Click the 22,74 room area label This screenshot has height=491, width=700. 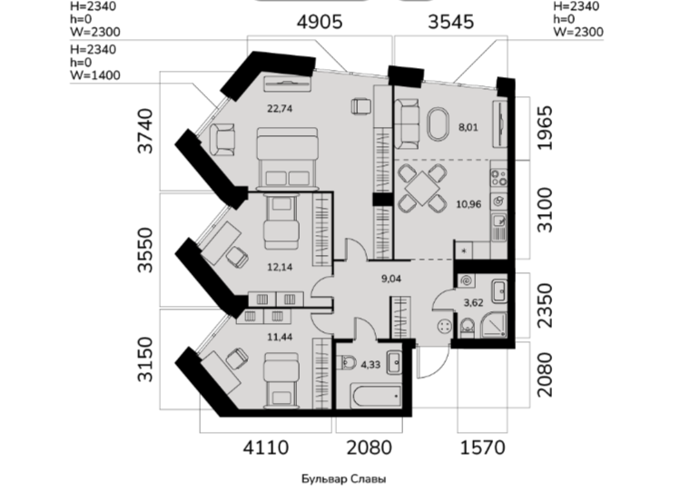tap(280, 109)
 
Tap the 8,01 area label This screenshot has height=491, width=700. tap(468, 127)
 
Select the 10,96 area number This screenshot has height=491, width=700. tap(468, 204)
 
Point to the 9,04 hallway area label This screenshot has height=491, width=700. tap(391, 279)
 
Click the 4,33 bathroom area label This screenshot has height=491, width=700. tap(370, 365)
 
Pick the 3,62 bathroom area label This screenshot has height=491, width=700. tap(473, 302)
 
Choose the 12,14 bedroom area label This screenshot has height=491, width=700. tap(280, 267)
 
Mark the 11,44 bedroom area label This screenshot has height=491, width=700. tap(280, 337)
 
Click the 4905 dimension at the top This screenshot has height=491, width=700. tap(320, 22)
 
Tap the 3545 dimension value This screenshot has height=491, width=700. tap(451, 22)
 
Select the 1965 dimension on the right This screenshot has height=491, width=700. tap(545, 128)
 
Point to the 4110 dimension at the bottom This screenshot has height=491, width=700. tap(266, 447)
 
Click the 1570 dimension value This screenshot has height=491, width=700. tap(483, 447)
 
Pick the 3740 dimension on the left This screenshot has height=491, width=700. tap(145, 131)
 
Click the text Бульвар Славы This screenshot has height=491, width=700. tap(344, 479)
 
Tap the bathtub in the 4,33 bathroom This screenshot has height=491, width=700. tap(376, 396)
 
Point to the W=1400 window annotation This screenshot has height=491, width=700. tap(95, 75)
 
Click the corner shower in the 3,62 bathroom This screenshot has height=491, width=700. tap(494, 325)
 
